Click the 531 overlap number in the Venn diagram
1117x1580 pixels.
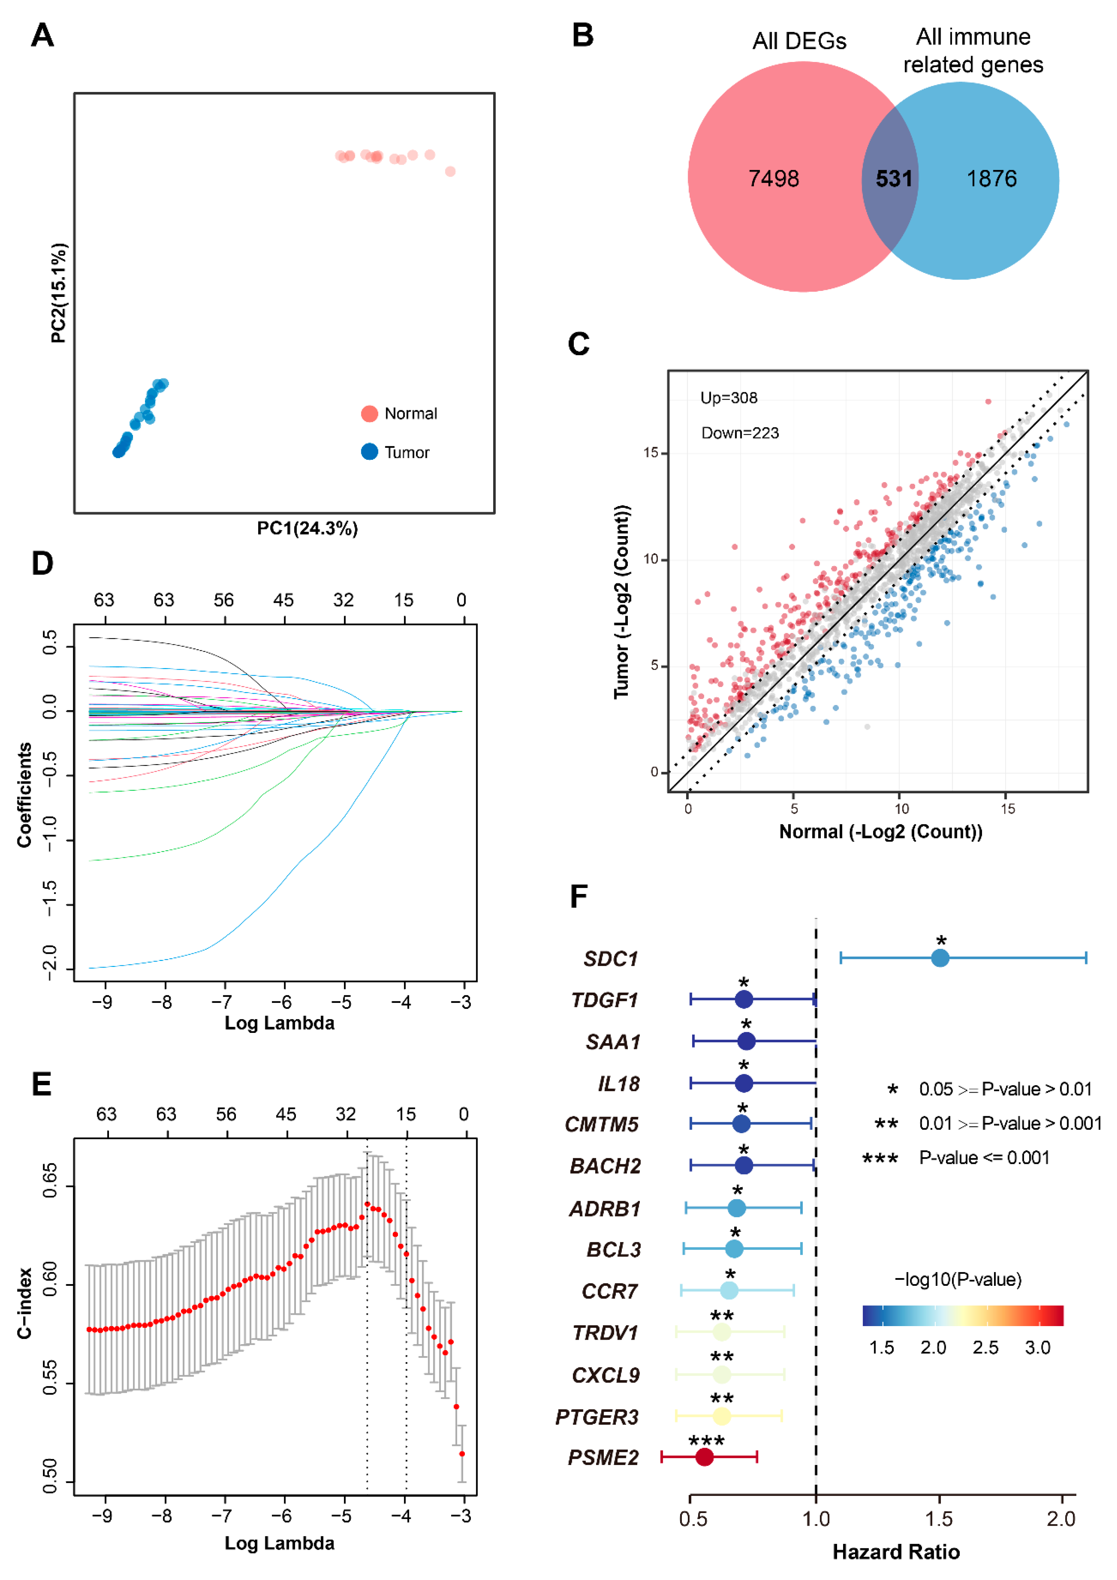(893, 179)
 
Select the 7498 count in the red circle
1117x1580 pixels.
(773, 179)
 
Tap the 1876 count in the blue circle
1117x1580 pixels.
(991, 179)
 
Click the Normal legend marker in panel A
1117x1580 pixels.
(370, 413)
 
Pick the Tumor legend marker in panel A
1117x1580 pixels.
(370, 452)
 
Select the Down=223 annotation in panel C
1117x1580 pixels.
(740, 433)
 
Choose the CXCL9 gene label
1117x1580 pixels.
(605, 1376)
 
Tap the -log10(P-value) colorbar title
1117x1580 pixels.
(957, 1279)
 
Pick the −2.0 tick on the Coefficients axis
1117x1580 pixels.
(50, 962)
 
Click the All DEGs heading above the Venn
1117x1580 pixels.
(799, 41)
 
